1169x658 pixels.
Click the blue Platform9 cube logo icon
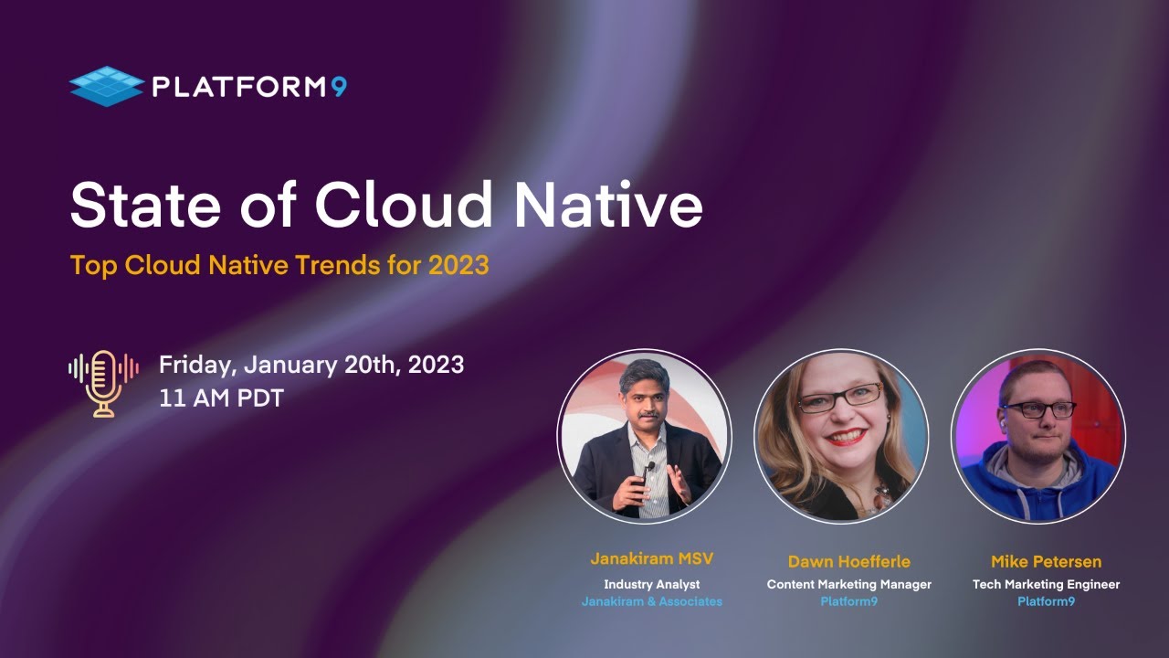pyautogui.click(x=106, y=87)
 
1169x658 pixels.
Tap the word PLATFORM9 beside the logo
pyautogui.click(x=249, y=88)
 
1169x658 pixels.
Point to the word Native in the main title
pyautogui.click(x=607, y=206)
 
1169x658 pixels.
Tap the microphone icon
pyautogui.click(x=103, y=383)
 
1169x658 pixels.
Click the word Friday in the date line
pyautogui.click(x=197, y=365)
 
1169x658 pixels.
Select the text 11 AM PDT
pyautogui.click(x=221, y=399)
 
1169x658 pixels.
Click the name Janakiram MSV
pyautogui.click(x=651, y=559)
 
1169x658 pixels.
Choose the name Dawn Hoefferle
pyautogui.click(x=848, y=561)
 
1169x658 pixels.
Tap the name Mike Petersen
pyautogui.click(x=1046, y=561)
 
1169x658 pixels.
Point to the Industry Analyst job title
pyautogui.click(x=651, y=584)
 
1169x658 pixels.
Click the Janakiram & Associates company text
pyautogui.click(x=651, y=601)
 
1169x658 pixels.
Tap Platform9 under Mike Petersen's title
pyautogui.click(x=1046, y=601)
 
